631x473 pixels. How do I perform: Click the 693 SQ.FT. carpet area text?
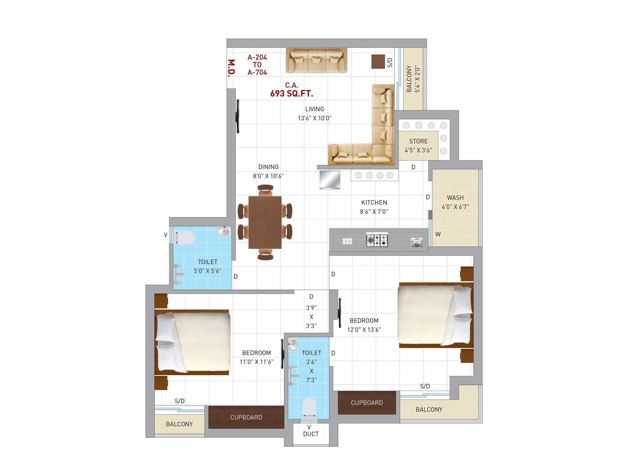[x=291, y=93]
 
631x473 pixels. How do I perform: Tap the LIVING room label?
[x=314, y=109]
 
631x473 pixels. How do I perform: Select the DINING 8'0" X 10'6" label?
[x=268, y=171]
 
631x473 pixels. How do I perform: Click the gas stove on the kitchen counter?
[x=377, y=239]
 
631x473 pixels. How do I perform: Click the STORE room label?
[x=418, y=141]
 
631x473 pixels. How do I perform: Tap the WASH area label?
[x=455, y=198]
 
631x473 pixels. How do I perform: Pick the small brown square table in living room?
[x=378, y=61]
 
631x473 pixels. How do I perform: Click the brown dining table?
[x=265, y=222]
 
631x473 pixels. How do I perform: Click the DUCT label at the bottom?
[x=311, y=434]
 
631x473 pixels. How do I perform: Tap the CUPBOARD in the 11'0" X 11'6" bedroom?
[x=246, y=417]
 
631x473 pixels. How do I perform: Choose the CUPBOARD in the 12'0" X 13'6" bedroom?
[x=367, y=402]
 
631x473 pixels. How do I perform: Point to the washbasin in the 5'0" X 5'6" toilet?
[x=224, y=231]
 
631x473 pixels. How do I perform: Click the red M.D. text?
[x=231, y=67]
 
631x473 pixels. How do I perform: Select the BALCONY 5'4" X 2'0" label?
[x=413, y=79]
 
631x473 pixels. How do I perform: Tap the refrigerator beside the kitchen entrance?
[x=330, y=180]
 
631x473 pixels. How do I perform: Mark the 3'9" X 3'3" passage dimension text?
[x=311, y=317]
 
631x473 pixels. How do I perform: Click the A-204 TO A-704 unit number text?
[x=257, y=65]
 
